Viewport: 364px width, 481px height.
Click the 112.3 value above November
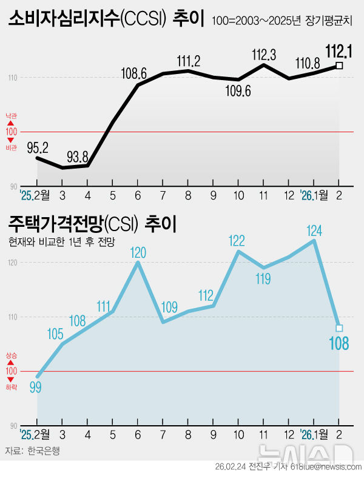pos(264,55)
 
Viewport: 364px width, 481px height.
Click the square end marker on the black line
pos(339,66)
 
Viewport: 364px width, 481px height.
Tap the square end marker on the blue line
pos(339,328)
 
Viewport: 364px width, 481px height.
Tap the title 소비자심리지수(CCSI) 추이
pos(107,18)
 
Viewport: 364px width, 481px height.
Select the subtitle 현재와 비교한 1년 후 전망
pos(61,241)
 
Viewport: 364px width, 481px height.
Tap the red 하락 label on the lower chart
pos(11,386)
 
